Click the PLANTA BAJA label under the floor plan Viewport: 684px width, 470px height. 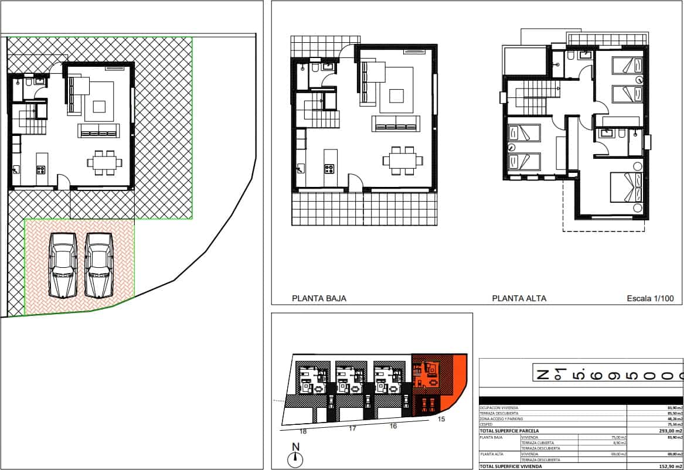pyautogui.click(x=319, y=298)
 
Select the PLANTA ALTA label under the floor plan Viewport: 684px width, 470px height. pyautogui.click(x=519, y=298)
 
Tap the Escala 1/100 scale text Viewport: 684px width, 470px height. pyautogui.click(x=650, y=298)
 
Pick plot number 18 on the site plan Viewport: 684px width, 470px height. pyautogui.click(x=303, y=431)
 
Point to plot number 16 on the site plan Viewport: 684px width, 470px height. pyautogui.click(x=393, y=426)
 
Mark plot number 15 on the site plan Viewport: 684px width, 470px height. pyautogui.click(x=441, y=419)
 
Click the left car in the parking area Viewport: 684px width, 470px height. pyautogui.click(x=63, y=265)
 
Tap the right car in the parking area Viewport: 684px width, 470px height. pyautogui.click(x=99, y=265)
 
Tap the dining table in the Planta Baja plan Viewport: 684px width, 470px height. pyautogui.click(x=401, y=160)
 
